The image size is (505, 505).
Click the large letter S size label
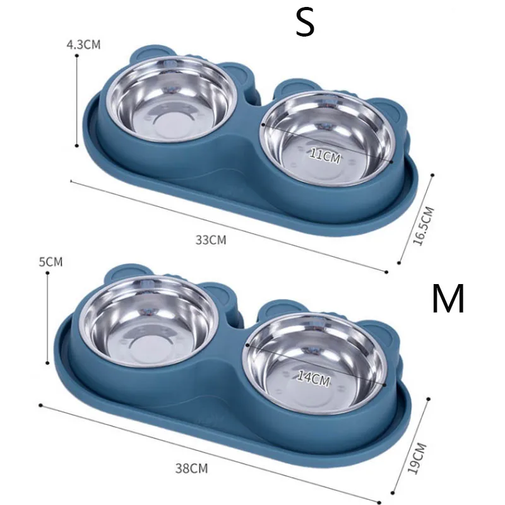point(305,23)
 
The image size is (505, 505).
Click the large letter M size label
point(448,299)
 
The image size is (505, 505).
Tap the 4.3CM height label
point(84,44)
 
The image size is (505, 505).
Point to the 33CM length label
point(211,240)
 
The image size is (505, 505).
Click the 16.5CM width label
point(424,226)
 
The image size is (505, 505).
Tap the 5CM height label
point(51,262)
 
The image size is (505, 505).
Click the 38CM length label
point(192,468)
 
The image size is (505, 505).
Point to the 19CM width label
point(417,458)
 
